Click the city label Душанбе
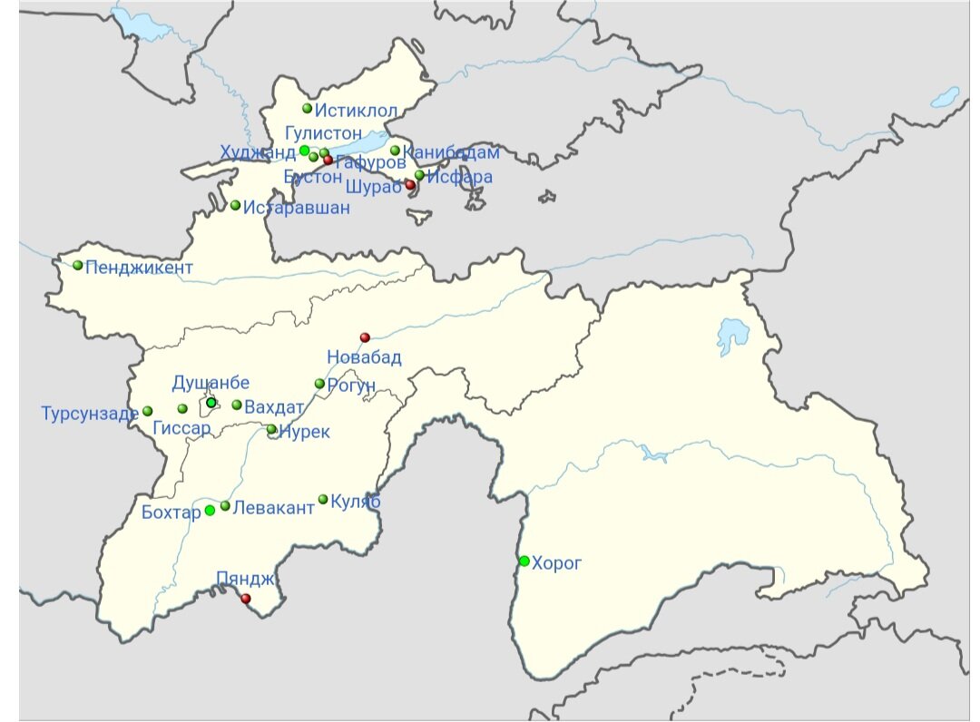coord(211,383)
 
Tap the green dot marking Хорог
coord(524,561)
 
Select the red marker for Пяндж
coord(245,598)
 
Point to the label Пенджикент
coord(139,268)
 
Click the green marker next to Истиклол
coord(308,109)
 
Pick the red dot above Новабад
coord(365,337)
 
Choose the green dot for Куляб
coord(323,499)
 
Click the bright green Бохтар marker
coord(210,510)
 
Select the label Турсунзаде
coord(89,414)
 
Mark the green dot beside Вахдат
coord(237,405)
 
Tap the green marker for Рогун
coord(319,384)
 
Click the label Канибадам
coord(451,152)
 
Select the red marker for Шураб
coord(409,185)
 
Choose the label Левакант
coord(273,508)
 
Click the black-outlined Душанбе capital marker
coord(211,403)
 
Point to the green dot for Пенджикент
coord(78,266)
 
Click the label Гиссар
coord(182,428)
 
